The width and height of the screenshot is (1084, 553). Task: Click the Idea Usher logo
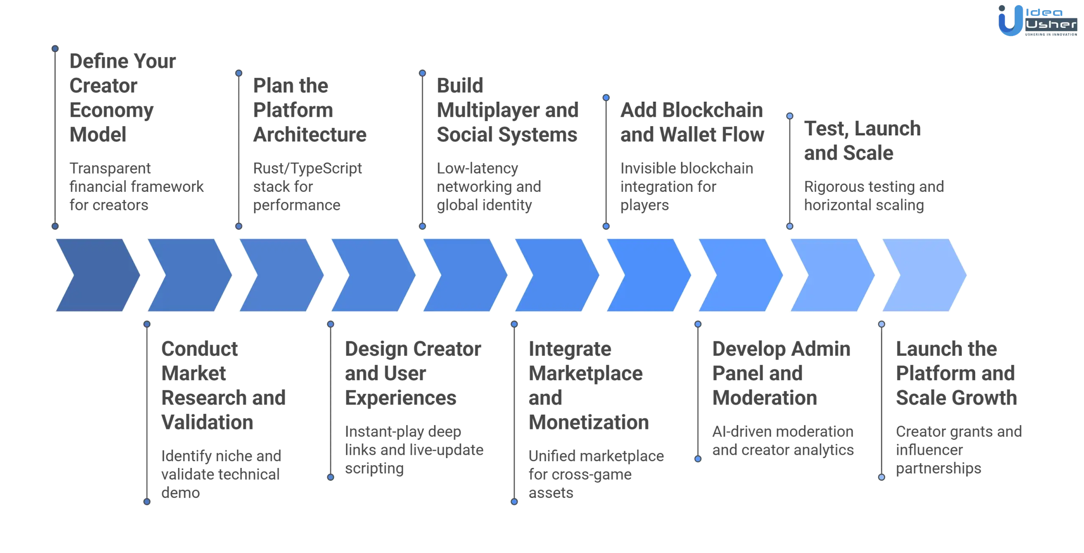coord(1037,20)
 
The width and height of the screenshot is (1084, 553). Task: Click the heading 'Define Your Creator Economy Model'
coord(123,98)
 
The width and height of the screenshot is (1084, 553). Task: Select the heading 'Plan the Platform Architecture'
coord(310,110)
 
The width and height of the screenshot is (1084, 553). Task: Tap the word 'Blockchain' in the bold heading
coord(713,110)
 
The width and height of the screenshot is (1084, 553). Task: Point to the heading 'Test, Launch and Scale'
coord(862,141)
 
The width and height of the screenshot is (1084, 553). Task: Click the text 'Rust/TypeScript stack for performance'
coord(307,187)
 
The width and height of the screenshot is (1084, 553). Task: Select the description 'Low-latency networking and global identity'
coord(489,187)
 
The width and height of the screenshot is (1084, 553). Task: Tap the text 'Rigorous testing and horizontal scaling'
coord(874,196)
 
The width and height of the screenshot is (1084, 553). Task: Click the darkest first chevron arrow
coord(98,275)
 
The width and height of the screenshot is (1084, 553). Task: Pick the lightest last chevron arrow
coord(924,275)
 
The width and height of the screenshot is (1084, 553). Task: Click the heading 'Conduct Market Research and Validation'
coord(223,385)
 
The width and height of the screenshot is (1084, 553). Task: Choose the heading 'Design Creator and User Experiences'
coord(413,373)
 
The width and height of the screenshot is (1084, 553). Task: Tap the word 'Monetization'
coord(589,423)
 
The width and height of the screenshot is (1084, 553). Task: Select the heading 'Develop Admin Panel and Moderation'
coord(781,373)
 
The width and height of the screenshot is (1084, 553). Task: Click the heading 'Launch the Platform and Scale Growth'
coord(956,373)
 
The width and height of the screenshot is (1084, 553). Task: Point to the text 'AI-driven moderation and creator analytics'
coord(783,441)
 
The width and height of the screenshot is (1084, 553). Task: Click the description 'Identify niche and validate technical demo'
coord(221,474)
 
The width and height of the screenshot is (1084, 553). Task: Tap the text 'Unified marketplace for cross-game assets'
coord(596,474)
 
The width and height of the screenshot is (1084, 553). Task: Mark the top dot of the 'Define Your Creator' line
coord(55,49)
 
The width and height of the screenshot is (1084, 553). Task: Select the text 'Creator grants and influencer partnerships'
coord(959,450)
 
